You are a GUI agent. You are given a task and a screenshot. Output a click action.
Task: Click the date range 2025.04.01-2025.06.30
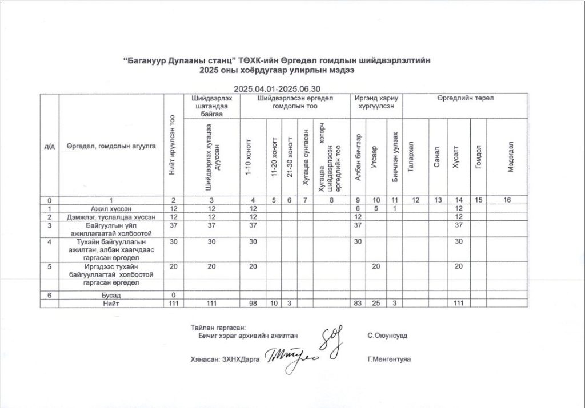tap(277, 89)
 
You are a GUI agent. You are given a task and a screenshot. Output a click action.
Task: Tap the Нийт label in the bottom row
tap(111, 303)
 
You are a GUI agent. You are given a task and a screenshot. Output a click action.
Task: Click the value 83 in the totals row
tap(358, 303)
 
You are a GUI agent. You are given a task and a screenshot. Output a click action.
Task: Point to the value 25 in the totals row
tap(376, 303)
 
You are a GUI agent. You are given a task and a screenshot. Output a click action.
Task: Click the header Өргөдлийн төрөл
tap(465, 98)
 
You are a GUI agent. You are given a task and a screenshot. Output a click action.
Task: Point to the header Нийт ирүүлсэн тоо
tap(173, 145)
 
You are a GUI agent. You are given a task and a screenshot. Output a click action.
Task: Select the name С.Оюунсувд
tap(388, 336)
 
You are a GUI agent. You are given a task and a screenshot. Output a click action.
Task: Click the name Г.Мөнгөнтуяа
tap(390, 359)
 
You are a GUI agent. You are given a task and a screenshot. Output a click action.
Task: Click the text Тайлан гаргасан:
tap(218, 328)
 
